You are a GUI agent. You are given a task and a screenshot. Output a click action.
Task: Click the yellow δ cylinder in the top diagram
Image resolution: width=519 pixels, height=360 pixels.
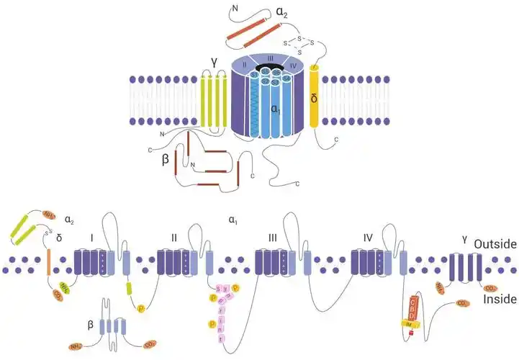314,98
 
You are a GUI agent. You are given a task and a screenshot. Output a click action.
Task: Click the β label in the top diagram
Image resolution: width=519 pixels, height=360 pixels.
166,161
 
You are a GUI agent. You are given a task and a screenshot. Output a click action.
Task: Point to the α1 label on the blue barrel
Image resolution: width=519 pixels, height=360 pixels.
276,109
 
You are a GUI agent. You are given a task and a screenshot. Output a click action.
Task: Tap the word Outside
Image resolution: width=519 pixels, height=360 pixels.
495,245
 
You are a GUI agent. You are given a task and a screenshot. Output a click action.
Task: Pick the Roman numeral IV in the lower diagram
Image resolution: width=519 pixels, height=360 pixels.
368,235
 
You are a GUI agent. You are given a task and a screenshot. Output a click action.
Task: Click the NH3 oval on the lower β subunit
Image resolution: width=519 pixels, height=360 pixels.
76,347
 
